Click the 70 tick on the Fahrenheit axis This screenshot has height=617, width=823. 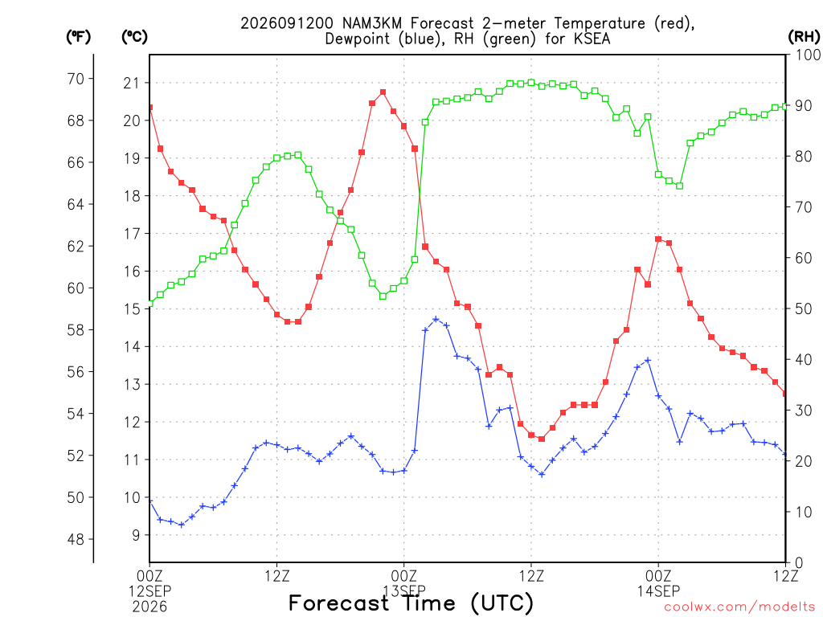[76, 79]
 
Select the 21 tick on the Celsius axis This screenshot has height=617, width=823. [132, 83]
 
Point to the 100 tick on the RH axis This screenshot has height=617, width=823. [808, 55]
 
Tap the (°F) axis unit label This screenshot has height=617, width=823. [78, 37]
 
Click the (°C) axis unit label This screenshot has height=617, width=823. [134, 37]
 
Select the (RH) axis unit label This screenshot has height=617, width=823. [804, 37]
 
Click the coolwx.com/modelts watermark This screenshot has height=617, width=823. [739, 607]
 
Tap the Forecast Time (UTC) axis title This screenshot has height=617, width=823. [411, 603]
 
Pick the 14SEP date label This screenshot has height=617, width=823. [658, 591]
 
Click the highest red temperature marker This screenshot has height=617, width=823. [383, 92]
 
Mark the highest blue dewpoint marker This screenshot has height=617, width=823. [436, 319]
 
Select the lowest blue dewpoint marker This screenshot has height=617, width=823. [182, 525]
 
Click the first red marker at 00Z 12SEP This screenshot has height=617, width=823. [150, 108]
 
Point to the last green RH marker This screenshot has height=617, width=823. [785, 106]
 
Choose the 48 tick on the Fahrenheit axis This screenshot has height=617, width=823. [76, 539]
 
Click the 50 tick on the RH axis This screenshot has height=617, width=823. [804, 308]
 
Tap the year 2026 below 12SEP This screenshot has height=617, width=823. [149, 607]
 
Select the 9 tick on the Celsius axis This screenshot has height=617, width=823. [136, 535]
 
